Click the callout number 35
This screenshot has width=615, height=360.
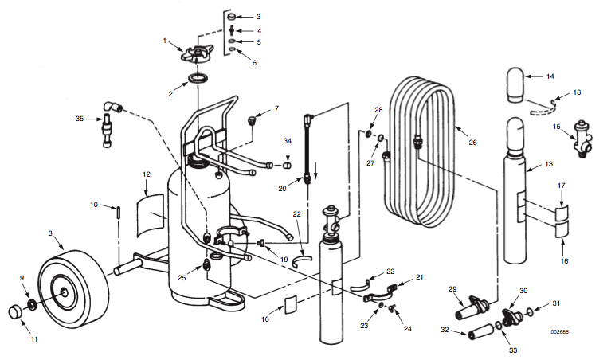coord(80,119)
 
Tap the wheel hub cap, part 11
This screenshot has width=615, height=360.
coord(16,312)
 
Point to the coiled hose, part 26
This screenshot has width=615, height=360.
coord(423,152)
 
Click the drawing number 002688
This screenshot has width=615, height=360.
coord(559,332)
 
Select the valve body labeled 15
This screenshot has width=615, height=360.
coord(582,139)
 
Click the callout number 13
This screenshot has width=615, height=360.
coord(549,164)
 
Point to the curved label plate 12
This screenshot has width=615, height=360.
coord(151,215)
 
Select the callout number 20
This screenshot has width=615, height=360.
coord(282,189)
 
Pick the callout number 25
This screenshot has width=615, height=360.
coord(182,278)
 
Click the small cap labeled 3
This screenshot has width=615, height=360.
coord(231,17)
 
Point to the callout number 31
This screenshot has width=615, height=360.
coord(556,303)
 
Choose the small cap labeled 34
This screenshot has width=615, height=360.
coord(287,166)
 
